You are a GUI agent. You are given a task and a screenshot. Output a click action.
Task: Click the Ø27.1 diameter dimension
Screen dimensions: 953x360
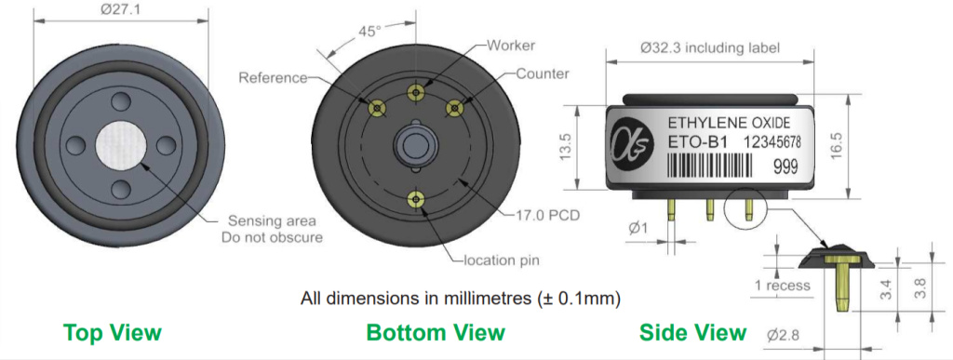click(120, 9)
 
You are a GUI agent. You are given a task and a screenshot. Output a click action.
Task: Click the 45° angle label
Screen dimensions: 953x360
click(368, 31)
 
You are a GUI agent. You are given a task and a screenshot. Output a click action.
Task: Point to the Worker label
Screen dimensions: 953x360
click(511, 46)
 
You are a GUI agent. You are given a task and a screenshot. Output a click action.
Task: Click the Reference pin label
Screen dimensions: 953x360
click(273, 78)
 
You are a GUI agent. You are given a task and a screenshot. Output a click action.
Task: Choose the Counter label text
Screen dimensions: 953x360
click(543, 74)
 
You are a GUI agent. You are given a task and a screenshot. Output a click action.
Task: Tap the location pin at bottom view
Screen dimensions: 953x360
click(415, 198)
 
